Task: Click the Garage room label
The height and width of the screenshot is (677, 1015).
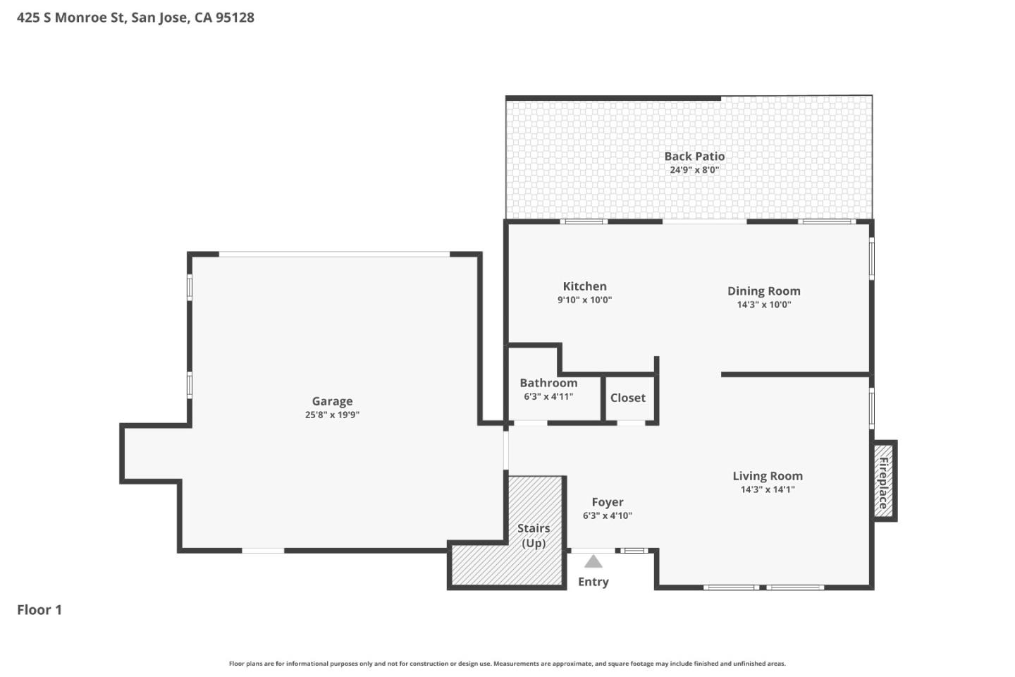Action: [x=332, y=401]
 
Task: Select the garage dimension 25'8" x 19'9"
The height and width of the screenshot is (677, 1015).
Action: [x=332, y=415]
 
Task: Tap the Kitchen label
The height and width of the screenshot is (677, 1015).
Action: [x=584, y=286]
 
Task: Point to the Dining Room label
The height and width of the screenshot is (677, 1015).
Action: [x=763, y=291]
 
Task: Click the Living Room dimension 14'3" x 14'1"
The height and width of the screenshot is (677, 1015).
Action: [x=767, y=489]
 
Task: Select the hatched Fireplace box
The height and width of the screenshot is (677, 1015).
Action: [x=884, y=482]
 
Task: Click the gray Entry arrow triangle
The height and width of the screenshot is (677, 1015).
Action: [x=593, y=561]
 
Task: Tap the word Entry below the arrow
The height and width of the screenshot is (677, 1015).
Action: [x=593, y=582]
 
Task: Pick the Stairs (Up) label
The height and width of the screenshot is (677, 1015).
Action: [x=534, y=535]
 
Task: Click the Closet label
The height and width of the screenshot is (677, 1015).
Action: [x=627, y=398]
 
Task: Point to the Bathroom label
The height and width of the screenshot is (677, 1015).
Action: [x=548, y=383]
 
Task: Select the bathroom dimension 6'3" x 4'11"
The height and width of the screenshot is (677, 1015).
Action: [x=548, y=397]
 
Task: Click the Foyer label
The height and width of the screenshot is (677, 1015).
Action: [x=607, y=502]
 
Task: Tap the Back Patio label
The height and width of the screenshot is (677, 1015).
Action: [x=694, y=157]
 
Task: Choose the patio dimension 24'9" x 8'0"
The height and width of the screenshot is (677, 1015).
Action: [x=694, y=170]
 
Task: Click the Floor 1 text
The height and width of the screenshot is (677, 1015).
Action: [x=39, y=610]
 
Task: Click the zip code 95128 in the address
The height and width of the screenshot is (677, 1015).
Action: [x=235, y=18]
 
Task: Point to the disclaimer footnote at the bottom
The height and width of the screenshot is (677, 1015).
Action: [x=507, y=664]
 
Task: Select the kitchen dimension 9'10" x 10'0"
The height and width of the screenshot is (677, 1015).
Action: [x=584, y=300]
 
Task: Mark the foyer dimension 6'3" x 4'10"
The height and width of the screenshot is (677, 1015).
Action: [x=607, y=516]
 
